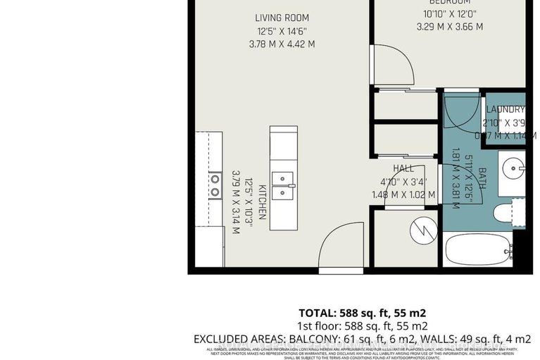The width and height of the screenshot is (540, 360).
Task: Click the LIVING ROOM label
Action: pyautogui.click(x=282, y=18)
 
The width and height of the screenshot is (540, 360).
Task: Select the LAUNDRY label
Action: pyautogui.click(x=506, y=109)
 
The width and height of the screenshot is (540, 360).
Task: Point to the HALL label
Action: pyautogui.click(x=403, y=168)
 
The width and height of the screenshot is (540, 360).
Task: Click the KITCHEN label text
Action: pyautogui.click(x=261, y=203)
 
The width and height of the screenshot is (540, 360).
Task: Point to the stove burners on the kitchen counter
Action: pyautogui.click(x=214, y=185)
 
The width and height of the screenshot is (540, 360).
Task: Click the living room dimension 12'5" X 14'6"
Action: pyautogui.click(x=282, y=31)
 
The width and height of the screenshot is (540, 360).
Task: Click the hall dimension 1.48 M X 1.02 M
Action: pyautogui.click(x=403, y=194)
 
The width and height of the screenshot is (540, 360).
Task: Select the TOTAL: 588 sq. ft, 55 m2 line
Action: pyautogui.click(x=363, y=313)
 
